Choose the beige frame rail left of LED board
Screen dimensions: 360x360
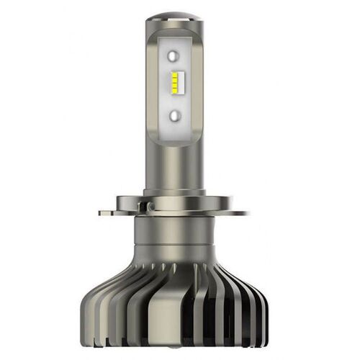coord(153,86)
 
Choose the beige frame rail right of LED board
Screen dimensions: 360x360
coord(205,86)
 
